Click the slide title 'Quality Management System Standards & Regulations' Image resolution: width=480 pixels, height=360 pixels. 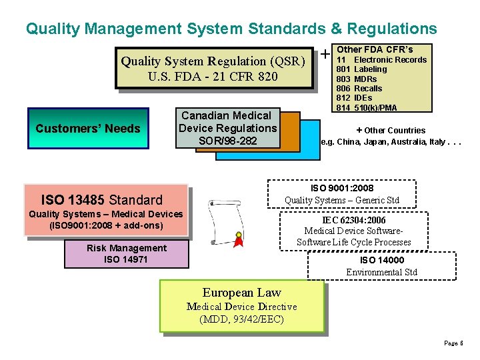click(231, 29)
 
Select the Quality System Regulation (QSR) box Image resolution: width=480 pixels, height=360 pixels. click(213, 68)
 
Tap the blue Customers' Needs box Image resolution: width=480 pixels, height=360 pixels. click(88, 128)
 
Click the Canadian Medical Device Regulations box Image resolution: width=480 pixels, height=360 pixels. click(227, 128)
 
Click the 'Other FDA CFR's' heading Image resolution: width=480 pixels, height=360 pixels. click(375, 49)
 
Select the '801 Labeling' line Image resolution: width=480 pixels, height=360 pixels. click(361, 69)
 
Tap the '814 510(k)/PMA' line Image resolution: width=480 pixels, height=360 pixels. click(366, 108)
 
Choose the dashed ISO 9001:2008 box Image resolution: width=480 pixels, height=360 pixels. click(341, 194)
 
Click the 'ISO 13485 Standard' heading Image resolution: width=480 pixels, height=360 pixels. click(102, 199)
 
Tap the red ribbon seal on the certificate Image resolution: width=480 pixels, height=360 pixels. click(237, 238)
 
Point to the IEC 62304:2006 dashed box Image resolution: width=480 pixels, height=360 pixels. click(353, 231)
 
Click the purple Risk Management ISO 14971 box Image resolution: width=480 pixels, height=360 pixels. click(126, 253)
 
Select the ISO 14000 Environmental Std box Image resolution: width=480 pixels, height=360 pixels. click(381, 266)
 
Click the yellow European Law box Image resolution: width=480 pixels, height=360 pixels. click(241, 306)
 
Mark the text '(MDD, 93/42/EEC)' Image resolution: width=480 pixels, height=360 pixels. click(241, 319)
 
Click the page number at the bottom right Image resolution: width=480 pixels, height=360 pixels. click(453, 343)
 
